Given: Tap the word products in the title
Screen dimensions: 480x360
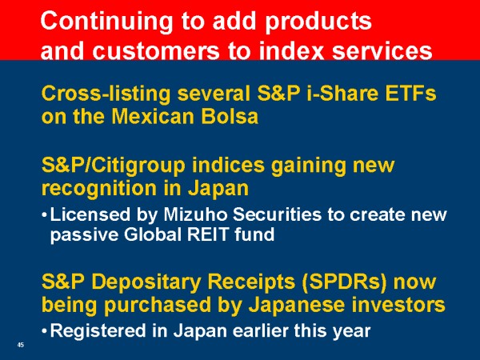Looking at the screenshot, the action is (x=318, y=22).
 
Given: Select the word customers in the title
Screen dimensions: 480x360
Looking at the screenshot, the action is (x=156, y=51).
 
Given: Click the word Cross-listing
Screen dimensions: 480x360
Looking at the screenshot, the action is (x=106, y=94).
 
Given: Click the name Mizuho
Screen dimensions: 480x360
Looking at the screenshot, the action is (x=196, y=214).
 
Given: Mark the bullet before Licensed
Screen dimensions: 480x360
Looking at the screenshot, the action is (x=44, y=215).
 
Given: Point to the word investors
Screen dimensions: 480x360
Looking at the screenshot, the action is (x=398, y=306).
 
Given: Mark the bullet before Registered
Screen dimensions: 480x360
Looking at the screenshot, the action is (x=44, y=331).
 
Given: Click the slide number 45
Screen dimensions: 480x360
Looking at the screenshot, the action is (x=21, y=345).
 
